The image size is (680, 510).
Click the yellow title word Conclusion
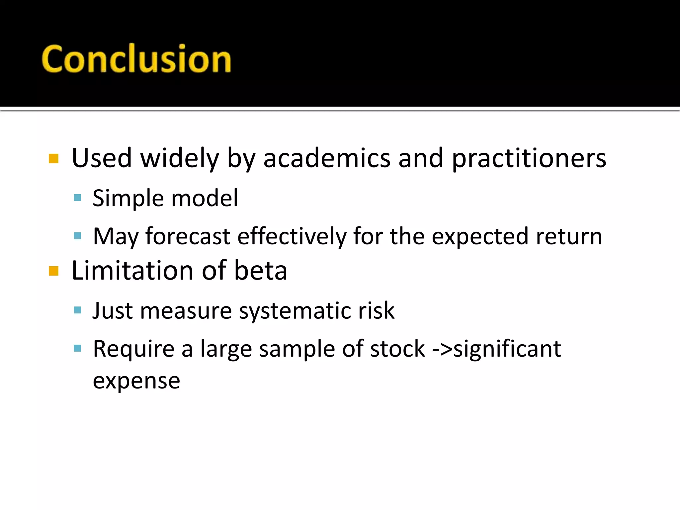pos(136,59)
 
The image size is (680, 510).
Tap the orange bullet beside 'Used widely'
pos(53,159)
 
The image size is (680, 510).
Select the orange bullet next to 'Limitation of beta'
pos(53,271)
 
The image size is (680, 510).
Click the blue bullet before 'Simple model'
pos(77,198)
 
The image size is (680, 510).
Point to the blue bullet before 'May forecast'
pos(77,236)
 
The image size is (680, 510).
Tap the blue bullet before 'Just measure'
pos(77,310)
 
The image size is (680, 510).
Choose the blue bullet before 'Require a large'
pos(77,348)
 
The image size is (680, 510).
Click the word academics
pos(327,158)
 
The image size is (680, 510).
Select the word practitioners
pos(529,159)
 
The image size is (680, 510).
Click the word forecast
pos(188,236)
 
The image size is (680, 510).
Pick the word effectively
pos(292,236)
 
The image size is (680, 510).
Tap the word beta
pos(261,270)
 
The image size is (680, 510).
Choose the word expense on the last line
pos(136,381)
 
